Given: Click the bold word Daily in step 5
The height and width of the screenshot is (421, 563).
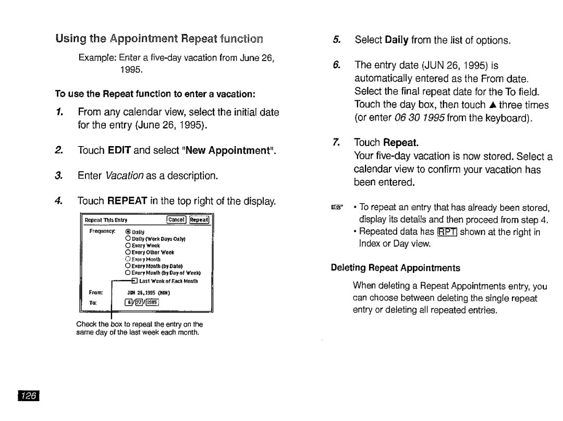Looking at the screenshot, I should point(397,40).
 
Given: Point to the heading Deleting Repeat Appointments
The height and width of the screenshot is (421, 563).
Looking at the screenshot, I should point(396,268).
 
